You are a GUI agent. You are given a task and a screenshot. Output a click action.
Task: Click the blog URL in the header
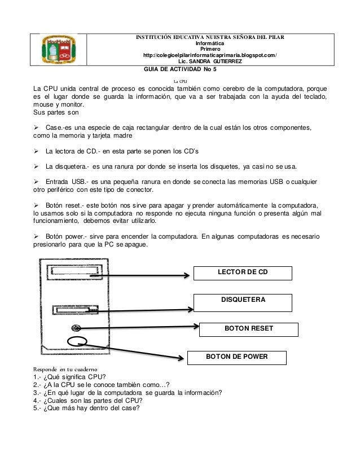coord(210,55)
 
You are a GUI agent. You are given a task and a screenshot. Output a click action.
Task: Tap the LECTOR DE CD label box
coord(243,273)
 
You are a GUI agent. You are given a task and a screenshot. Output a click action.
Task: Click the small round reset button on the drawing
coord(75,328)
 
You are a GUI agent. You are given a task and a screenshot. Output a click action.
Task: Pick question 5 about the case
coord(90,409)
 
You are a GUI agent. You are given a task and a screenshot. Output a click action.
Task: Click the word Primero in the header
coord(209,49)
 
